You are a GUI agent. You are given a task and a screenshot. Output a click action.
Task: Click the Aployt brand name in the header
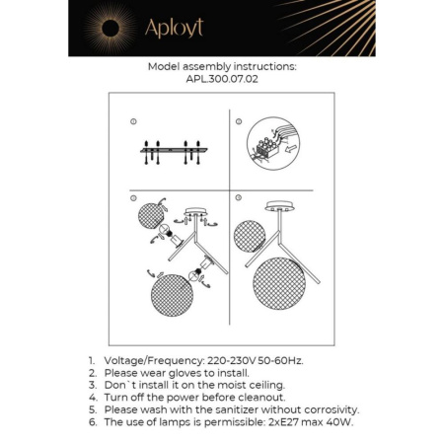coord(174,29)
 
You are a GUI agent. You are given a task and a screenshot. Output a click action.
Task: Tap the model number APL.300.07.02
coord(221,82)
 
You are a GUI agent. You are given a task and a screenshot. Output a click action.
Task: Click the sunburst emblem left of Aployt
coord(110,28)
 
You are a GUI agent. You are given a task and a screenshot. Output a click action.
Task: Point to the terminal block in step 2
coord(269,146)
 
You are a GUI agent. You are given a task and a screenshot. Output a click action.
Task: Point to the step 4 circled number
coord(239,198)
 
